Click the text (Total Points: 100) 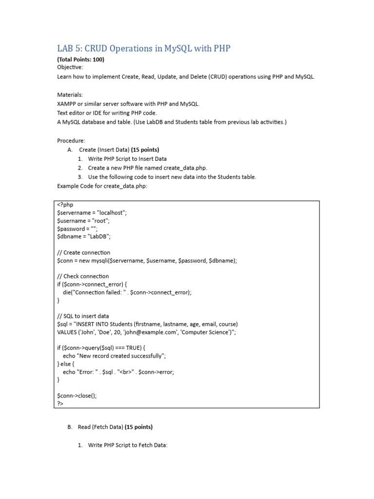tap(80, 59)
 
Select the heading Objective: tap(70, 67)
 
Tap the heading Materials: tap(70, 95)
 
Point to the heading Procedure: tap(71, 140)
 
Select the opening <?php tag tap(65, 205)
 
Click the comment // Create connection tap(84, 252)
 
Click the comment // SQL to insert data tap(83, 316)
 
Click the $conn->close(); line tap(77, 395)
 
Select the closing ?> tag tap(60, 403)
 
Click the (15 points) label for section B tap(138, 427)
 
